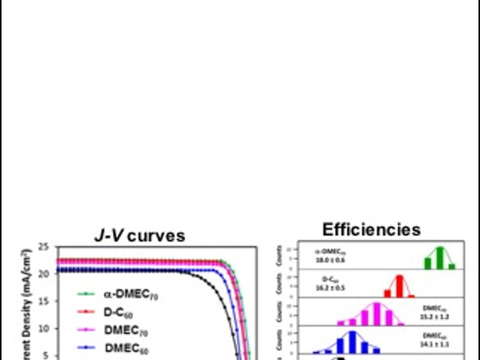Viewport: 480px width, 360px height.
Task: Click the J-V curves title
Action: pyautogui.click(x=142, y=235)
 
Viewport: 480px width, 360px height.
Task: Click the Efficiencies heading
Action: pyautogui.click(x=371, y=229)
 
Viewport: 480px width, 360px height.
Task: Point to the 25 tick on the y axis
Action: pyautogui.click(x=43, y=247)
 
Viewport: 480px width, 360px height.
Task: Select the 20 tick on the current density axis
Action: pyautogui.click(x=43, y=274)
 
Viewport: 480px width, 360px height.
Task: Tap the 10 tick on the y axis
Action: pyautogui.click(x=43, y=328)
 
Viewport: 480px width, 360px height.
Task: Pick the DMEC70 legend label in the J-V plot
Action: pyautogui.click(x=125, y=330)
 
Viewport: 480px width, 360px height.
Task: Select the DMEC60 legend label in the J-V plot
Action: pyautogui.click(x=125, y=347)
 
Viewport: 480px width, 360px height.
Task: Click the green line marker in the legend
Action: pyautogui.click(x=88, y=294)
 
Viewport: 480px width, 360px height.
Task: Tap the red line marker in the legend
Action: pyautogui.click(x=88, y=312)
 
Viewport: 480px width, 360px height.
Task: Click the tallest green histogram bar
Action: pyautogui.click(x=440, y=257)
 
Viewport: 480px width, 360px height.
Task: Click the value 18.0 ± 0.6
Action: pyautogui.click(x=331, y=260)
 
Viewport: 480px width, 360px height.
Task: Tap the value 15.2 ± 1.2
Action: pyautogui.click(x=436, y=316)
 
